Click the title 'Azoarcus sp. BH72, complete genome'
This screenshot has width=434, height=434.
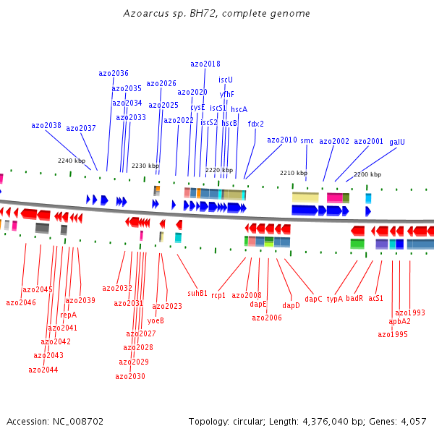pyautogui.click(x=217, y=14)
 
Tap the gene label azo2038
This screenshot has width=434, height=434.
pyautogui.click(x=46, y=125)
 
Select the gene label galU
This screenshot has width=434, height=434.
pyautogui.click(x=397, y=142)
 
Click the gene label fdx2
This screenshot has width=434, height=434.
pyautogui.click(x=256, y=124)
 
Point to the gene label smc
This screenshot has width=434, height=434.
pyautogui.click(x=307, y=141)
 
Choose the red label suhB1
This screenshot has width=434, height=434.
pyautogui.click(x=197, y=293)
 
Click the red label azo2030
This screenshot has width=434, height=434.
pyautogui.click(x=130, y=376)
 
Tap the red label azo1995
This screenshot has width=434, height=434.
pyautogui.click(x=393, y=334)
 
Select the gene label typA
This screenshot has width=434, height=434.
pyautogui.click(x=334, y=298)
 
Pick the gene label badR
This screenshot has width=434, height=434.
pyautogui.click(x=354, y=298)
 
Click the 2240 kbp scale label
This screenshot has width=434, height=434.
pyautogui.click(x=72, y=161)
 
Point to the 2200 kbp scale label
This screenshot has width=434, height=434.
pyautogui.click(x=367, y=174)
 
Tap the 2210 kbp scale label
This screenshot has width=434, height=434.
pyautogui.click(x=294, y=173)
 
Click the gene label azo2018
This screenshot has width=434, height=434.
pyautogui.click(x=205, y=64)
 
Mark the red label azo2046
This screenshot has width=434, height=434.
pyautogui.click(x=21, y=302)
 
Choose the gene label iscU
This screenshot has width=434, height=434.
pyautogui.click(x=226, y=80)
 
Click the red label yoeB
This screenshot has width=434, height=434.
pyautogui.click(x=156, y=320)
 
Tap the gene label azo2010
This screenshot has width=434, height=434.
pyautogui.click(x=282, y=140)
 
